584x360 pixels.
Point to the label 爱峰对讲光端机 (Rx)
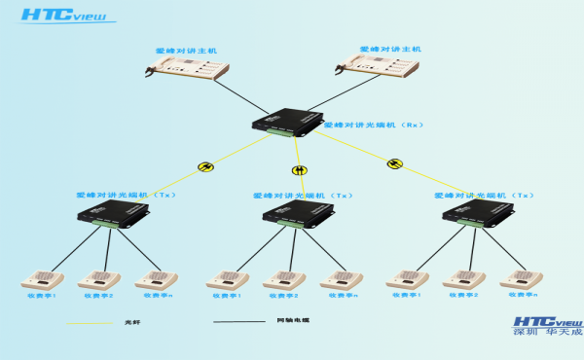point(372,126)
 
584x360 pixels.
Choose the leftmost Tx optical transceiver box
point(114,216)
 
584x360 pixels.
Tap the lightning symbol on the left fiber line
point(205,166)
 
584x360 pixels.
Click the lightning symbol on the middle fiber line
point(299,170)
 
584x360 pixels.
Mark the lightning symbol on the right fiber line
point(393,163)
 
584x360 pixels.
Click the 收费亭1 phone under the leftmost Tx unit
point(43,280)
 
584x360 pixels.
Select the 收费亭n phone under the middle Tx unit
point(342,280)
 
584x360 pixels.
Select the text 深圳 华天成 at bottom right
point(547,334)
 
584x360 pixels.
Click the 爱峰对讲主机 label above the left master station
point(187,50)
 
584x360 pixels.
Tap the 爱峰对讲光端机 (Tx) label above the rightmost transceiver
point(484,195)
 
